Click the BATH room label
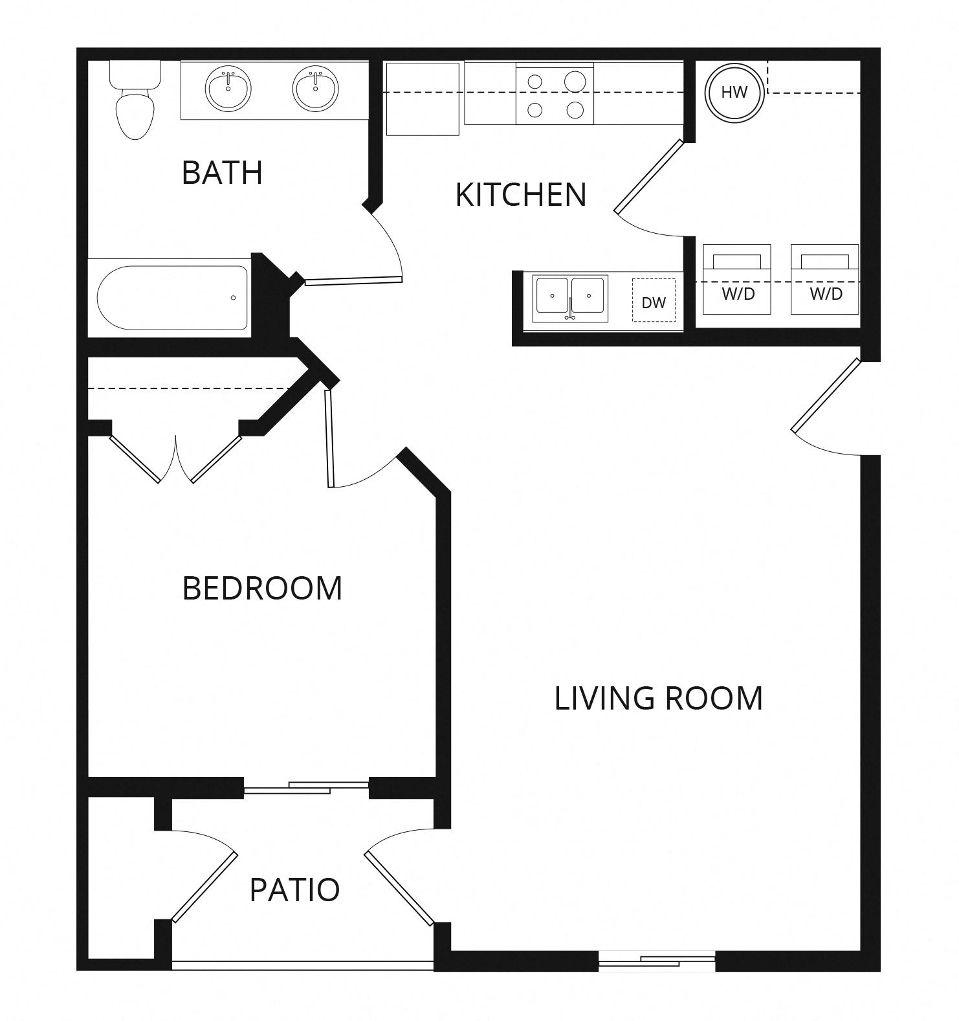click(222, 173)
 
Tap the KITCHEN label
click(521, 195)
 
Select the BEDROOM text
click(262, 589)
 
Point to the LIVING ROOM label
click(658, 699)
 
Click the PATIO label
click(294, 890)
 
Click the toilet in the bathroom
click(135, 104)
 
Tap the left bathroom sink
click(228, 89)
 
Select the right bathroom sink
click(315, 89)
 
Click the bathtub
click(172, 298)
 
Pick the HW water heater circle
click(734, 93)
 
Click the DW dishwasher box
click(654, 301)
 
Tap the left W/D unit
click(737, 279)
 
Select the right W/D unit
click(825, 279)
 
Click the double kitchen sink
click(570, 298)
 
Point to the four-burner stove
click(555, 95)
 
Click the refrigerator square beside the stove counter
click(423, 98)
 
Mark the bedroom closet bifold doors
click(175, 459)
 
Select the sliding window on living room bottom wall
click(657, 961)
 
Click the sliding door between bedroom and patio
click(305, 787)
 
